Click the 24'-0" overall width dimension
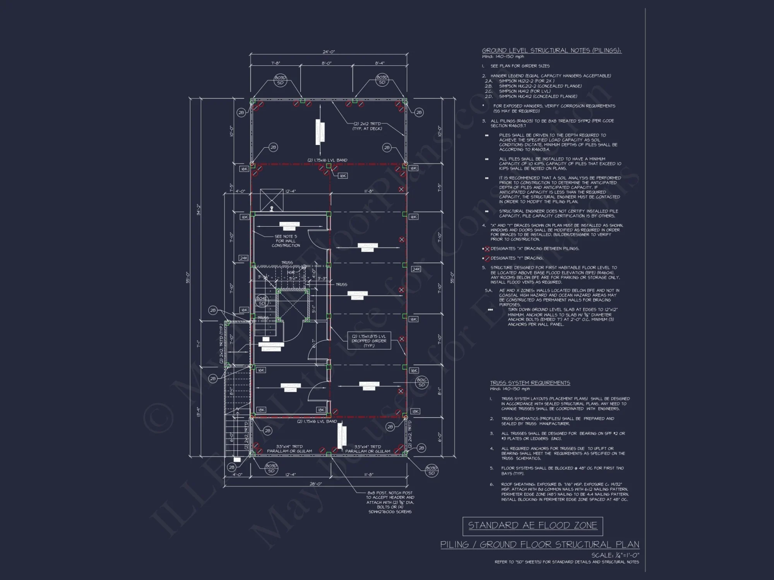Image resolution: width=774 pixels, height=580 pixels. (328, 52)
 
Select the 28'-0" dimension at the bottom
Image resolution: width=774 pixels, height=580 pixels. (316, 484)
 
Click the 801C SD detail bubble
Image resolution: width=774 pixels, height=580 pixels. (421, 382)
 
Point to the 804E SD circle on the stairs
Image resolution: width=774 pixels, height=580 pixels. (262, 301)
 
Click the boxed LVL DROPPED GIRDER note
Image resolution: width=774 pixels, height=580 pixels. (369, 341)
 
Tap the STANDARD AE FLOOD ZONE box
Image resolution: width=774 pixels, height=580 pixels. (533, 525)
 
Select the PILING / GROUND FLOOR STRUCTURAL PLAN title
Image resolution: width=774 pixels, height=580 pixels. (539, 544)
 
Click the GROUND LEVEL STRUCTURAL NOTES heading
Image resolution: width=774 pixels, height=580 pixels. (551, 51)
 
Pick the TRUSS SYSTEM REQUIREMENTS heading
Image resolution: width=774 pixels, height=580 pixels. (530, 383)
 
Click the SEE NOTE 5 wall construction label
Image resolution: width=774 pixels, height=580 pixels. (286, 241)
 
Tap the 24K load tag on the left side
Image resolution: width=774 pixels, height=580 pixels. (243, 258)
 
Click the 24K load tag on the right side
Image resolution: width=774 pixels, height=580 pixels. (416, 269)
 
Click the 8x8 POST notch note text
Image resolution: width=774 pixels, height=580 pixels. (390, 502)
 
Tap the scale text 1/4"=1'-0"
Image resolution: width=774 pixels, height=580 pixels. (615, 555)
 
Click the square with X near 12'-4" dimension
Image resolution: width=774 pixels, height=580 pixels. (272, 200)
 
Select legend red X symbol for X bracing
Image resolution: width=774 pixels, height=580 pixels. (487, 249)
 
